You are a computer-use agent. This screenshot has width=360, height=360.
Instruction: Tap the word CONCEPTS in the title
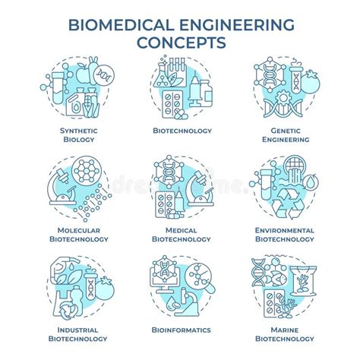[180, 42]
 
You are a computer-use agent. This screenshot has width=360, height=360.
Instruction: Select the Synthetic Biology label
[78, 134]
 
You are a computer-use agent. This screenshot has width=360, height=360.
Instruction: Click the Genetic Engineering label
[282, 134]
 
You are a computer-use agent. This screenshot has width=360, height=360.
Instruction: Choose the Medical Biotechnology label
[180, 234]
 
